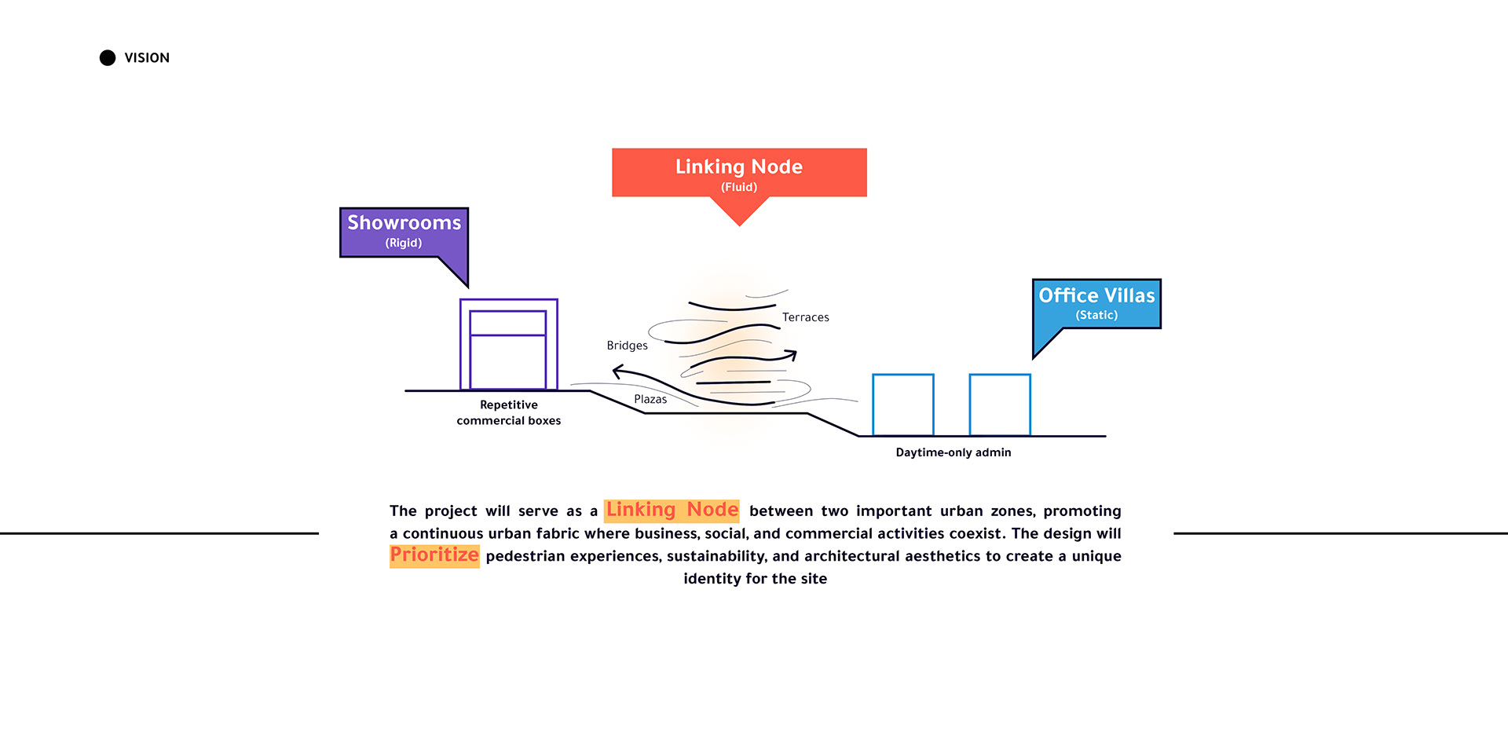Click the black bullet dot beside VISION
(108, 57)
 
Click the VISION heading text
(147, 57)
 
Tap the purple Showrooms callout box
(404, 232)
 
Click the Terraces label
(806, 317)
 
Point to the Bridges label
(627, 346)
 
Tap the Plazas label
(650, 399)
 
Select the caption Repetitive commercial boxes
(509, 412)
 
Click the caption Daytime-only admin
(953, 452)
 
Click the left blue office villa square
(903, 404)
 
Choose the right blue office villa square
(1000, 404)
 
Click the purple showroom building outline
(509, 344)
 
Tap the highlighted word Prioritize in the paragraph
(434, 555)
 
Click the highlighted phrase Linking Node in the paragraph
(672, 511)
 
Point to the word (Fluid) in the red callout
(739, 187)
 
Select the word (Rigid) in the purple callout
(404, 243)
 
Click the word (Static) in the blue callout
(1096, 315)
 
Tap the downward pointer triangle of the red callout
(739, 211)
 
